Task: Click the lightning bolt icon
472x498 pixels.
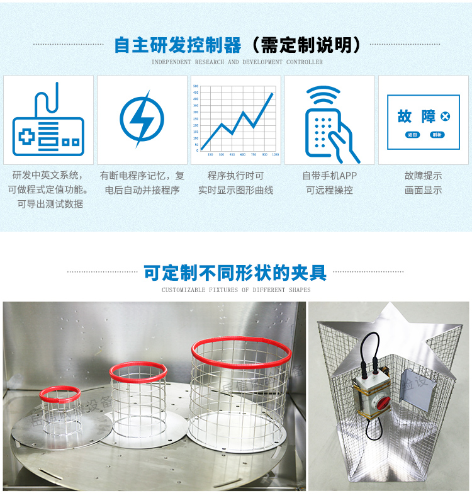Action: click(142, 119)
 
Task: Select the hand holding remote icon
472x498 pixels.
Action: click(329, 129)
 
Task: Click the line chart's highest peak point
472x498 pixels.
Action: click(273, 94)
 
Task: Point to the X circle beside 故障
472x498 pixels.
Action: click(446, 116)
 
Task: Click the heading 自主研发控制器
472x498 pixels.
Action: click(177, 45)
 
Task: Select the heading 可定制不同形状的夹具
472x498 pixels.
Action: click(235, 273)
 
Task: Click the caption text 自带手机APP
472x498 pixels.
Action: click(329, 176)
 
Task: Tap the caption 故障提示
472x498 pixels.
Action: click(423, 176)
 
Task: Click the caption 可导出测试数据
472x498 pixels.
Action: click(50, 204)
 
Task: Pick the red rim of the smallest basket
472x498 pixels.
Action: click(60, 393)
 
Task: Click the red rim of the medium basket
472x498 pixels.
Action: click(138, 372)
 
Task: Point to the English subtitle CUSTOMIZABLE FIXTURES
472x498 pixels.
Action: click(236, 290)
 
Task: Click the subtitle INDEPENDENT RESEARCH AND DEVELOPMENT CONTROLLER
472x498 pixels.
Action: click(237, 62)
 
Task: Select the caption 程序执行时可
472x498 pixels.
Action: click(235, 176)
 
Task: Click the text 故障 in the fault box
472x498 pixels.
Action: click(417, 116)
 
